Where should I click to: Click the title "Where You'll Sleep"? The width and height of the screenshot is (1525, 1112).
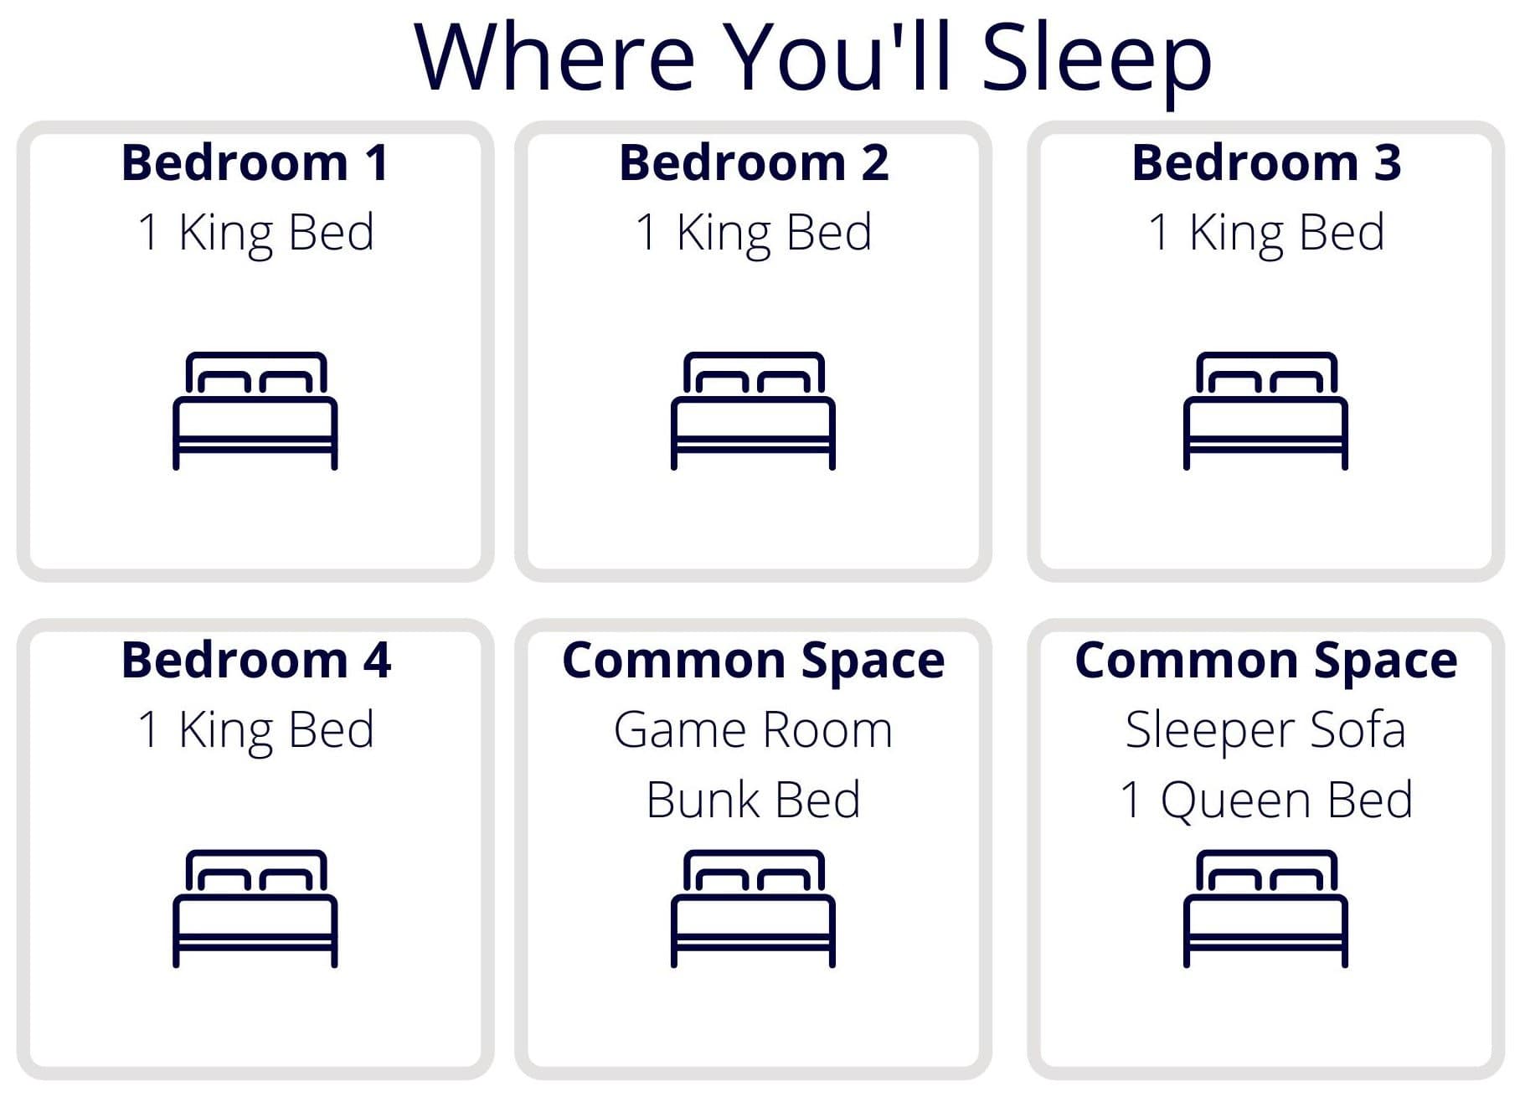coord(812,58)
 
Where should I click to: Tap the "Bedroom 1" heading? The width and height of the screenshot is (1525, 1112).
coord(255,162)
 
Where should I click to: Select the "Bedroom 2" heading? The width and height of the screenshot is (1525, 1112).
coord(754,162)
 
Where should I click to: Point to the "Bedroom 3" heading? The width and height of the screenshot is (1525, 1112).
coord(1266,162)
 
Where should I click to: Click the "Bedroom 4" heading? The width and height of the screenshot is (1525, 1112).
coord(255,660)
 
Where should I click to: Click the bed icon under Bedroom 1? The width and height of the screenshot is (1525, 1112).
coord(255,410)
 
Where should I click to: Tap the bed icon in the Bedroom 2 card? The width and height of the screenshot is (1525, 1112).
coord(753,410)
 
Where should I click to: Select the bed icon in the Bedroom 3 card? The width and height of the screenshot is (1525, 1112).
coord(1265,410)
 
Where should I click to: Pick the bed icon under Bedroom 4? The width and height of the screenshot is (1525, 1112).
coord(255,909)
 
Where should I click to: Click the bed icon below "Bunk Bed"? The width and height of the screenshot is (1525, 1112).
coord(753,909)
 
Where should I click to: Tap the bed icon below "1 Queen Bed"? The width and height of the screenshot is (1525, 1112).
coord(1265,909)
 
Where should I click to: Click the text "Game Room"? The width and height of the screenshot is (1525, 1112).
coord(753,730)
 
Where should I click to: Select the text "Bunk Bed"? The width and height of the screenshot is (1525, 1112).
coord(753,800)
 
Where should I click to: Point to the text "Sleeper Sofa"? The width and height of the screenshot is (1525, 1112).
coord(1265,730)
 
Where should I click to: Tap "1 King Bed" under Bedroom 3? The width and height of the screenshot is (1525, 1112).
coord(1266,234)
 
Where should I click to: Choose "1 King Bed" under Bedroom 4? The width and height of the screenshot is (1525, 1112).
coord(255,731)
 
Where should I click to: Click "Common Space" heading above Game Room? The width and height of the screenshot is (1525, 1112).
coord(753,662)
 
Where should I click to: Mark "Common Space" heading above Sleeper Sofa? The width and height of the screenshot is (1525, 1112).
coord(1265,662)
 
